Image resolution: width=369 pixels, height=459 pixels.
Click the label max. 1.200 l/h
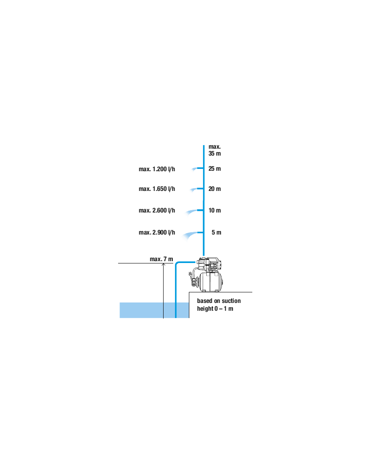pyautogui.click(x=157, y=169)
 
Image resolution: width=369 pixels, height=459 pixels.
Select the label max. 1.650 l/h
pyautogui.click(x=157, y=189)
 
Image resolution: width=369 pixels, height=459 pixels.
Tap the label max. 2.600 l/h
pyautogui.click(x=157, y=211)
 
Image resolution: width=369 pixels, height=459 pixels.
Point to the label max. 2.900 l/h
pyautogui.click(x=157, y=232)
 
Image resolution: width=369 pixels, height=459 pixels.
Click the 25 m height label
pyautogui.click(x=215, y=168)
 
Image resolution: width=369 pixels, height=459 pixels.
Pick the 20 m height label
pyautogui.click(x=215, y=189)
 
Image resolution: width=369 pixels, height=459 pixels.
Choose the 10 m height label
pyautogui.click(x=215, y=211)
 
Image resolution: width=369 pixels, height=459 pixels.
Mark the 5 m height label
pyautogui.click(x=216, y=232)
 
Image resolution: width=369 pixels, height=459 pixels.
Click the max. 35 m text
pyautogui.click(x=215, y=150)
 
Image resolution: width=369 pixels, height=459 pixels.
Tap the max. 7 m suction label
pyautogui.click(x=161, y=259)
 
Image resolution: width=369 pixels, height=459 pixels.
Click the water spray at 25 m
pyautogui.click(x=194, y=169)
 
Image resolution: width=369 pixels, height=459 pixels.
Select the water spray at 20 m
pyautogui.click(x=193, y=190)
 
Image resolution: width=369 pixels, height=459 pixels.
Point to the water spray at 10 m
pyautogui.click(x=191, y=212)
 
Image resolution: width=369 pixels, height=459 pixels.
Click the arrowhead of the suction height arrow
pyautogui.click(x=164, y=264)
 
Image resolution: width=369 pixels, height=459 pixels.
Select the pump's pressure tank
pyautogui.click(x=210, y=282)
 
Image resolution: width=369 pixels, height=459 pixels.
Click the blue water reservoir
pyautogui.click(x=154, y=310)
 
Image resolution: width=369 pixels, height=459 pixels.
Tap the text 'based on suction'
pyautogui.click(x=219, y=301)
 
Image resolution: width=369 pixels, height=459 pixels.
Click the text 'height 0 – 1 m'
pyautogui.click(x=215, y=309)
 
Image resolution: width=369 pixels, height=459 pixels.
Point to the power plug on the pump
pyautogui.click(x=191, y=274)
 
